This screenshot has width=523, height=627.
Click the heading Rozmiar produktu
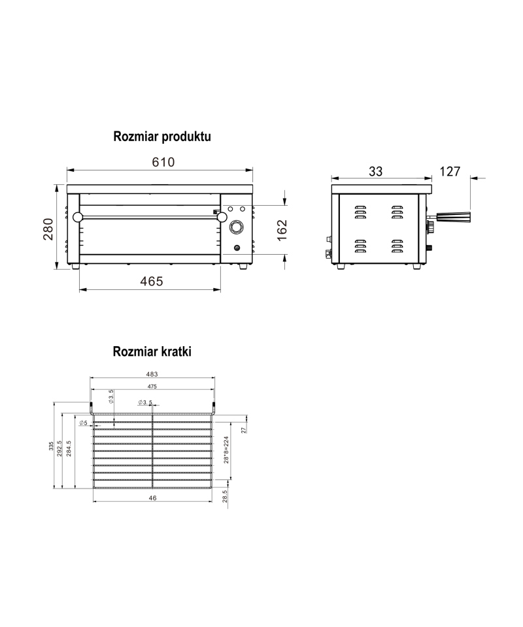tap(162, 137)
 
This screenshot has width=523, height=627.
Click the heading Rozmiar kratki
tap(152, 351)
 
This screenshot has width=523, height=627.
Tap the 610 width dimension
tap(163, 162)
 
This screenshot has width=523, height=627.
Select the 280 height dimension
tap(48, 229)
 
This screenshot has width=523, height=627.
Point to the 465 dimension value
tap(152, 281)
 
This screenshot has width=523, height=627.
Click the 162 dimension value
tap(282, 230)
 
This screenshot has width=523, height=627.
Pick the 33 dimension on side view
tap(376, 172)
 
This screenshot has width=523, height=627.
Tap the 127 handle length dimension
tap(450, 172)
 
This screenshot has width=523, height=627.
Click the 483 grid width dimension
tap(152, 374)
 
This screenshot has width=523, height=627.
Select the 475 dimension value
tap(152, 387)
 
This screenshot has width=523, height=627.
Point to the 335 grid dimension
tap(51, 446)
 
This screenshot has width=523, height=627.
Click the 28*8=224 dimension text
tap(226, 450)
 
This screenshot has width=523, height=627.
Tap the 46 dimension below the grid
tap(152, 498)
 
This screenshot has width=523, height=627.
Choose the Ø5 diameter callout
tap(83, 423)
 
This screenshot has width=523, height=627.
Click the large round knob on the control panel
tap(237, 228)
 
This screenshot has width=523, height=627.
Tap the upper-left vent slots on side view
tap(360, 212)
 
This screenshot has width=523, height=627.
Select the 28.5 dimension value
tap(225, 496)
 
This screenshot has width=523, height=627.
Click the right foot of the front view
tap(244, 266)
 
